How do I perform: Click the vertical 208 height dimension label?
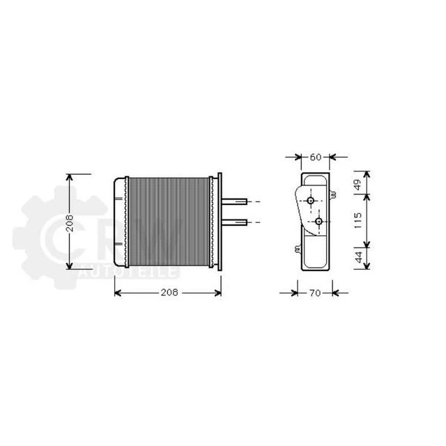coord(70,222)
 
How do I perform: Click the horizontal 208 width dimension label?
coord(167,293)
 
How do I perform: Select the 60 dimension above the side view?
coord(315,157)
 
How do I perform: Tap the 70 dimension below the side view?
coord(314,293)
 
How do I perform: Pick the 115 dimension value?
coord(357,222)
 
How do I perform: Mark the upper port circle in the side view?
coord(311,201)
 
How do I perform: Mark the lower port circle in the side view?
coord(319,222)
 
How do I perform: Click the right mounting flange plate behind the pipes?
coord(220,222)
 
